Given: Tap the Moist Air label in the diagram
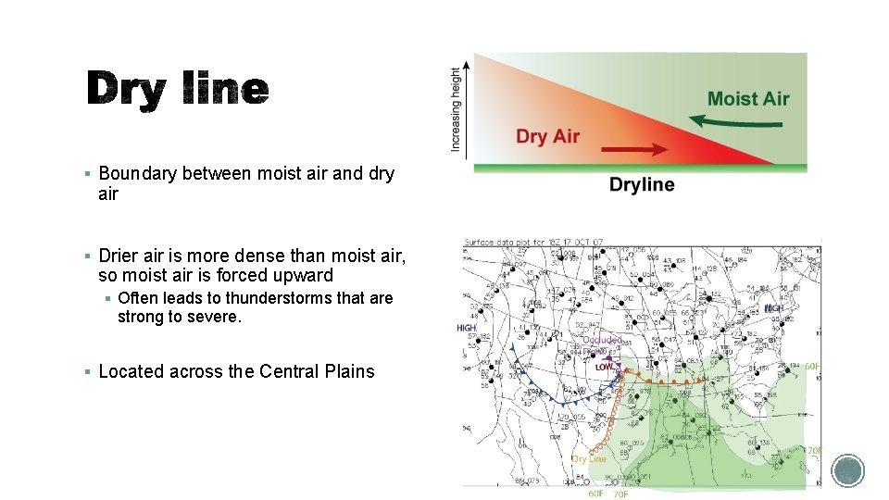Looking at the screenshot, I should tap(748, 98).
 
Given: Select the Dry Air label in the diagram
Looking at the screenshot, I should tap(547, 136).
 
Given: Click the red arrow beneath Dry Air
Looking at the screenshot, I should tap(634, 148).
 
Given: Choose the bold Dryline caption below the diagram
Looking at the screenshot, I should tap(642, 185).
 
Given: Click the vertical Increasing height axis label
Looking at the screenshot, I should tap(456, 109).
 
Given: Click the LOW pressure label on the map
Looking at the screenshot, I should tap(604, 367).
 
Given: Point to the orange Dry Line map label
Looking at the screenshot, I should tap(589, 458).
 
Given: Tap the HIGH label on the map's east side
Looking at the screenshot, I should tap(773, 308).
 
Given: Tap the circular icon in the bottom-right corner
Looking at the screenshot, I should tap(846, 471).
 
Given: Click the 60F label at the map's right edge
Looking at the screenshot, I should tap(812, 367).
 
